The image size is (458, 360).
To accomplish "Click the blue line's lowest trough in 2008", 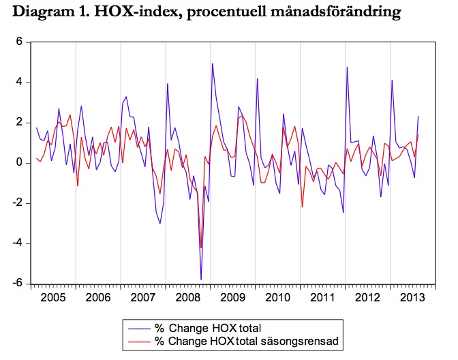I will click(201, 279).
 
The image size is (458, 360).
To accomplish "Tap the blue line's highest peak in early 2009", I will click(213, 64).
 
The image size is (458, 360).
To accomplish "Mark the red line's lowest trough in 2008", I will click(201, 247).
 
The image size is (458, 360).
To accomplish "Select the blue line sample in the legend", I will click(138, 329).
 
